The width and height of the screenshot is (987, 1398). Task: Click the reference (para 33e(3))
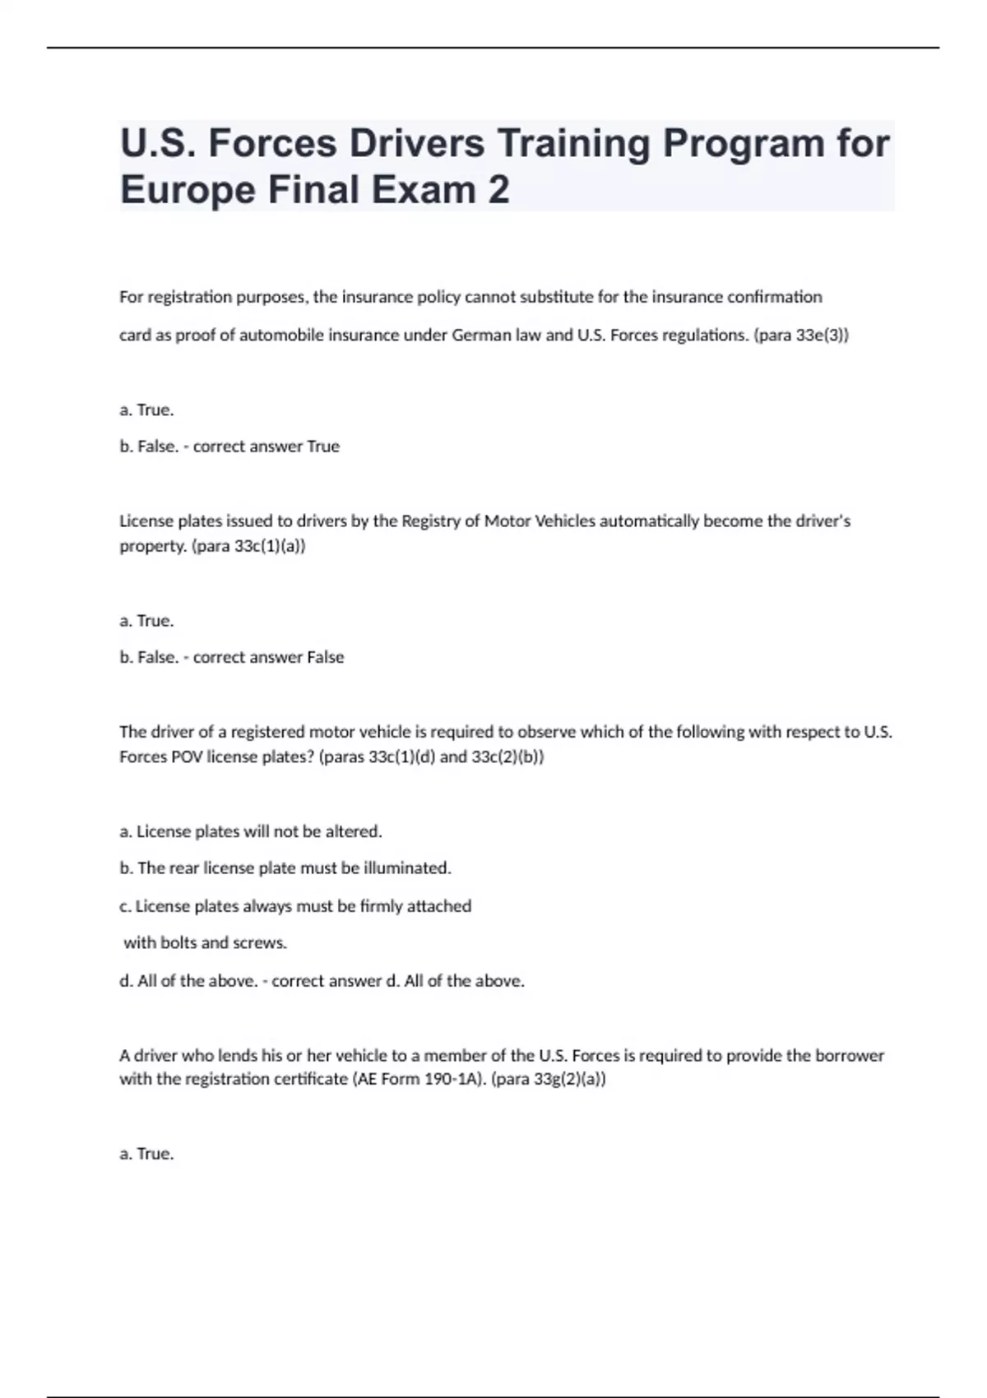(x=801, y=336)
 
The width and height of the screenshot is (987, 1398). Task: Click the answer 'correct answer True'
(x=266, y=447)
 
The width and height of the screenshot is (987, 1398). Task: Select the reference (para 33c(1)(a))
(x=248, y=546)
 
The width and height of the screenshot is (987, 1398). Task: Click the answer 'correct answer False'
(x=269, y=657)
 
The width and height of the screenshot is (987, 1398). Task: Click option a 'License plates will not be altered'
(x=251, y=831)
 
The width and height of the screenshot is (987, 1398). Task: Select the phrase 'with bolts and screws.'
(x=205, y=943)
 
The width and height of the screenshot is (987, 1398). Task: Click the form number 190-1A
(x=453, y=1079)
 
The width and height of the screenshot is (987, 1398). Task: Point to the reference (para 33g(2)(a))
(x=549, y=1079)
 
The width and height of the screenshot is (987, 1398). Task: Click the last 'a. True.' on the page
(x=146, y=1154)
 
